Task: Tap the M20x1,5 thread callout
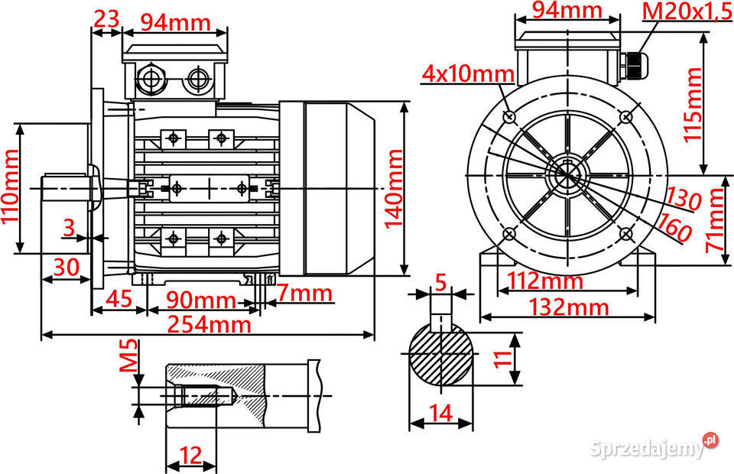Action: click(x=686, y=11)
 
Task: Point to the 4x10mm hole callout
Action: click(x=468, y=73)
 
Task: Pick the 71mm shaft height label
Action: click(x=714, y=221)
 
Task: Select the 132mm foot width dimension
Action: click(x=567, y=307)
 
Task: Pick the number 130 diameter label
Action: click(x=682, y=197)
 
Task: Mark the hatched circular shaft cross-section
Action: click(x=442, y=355)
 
